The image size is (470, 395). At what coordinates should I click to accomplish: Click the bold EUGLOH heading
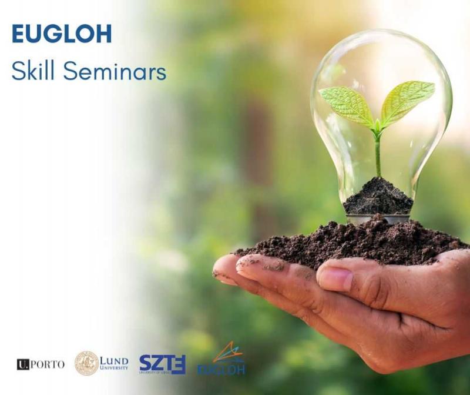pyautogui.click(x=61, y=34)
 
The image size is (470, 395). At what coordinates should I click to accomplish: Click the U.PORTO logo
pyautogui.click(x=41, y=364)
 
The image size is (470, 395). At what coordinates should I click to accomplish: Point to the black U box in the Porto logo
pyautogui.click(x=23, y=364)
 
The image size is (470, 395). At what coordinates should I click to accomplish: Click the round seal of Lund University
pyautogui.click(x=86, y=363)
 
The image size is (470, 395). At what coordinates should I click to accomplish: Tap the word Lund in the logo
pyautogui.click(x=114, y=360)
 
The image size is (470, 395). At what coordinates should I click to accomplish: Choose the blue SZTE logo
pyautogui.click(x=162, y=364)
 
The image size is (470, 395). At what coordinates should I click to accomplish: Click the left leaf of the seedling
pyautogui.click(x=347, y=105)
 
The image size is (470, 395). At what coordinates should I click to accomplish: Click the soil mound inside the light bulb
pyautogui.click(x=378, y=197)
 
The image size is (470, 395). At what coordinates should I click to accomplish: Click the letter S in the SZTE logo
pyautogui.click(x=146, y=364)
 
